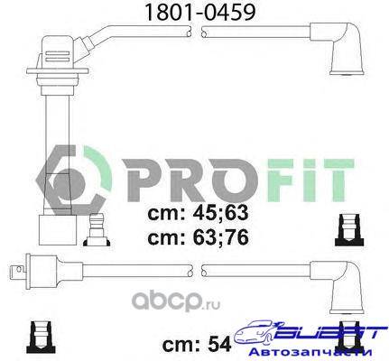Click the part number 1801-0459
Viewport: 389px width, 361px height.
(x=200, y=13)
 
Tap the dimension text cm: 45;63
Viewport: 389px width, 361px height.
(x=198, y=213)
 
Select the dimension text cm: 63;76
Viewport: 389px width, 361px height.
(x=198, y=237)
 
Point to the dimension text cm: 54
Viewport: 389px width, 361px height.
(x=197, y=344)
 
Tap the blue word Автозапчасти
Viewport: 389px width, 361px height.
(x=311, y=352)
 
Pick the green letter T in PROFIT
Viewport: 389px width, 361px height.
(x=336, y=180)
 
